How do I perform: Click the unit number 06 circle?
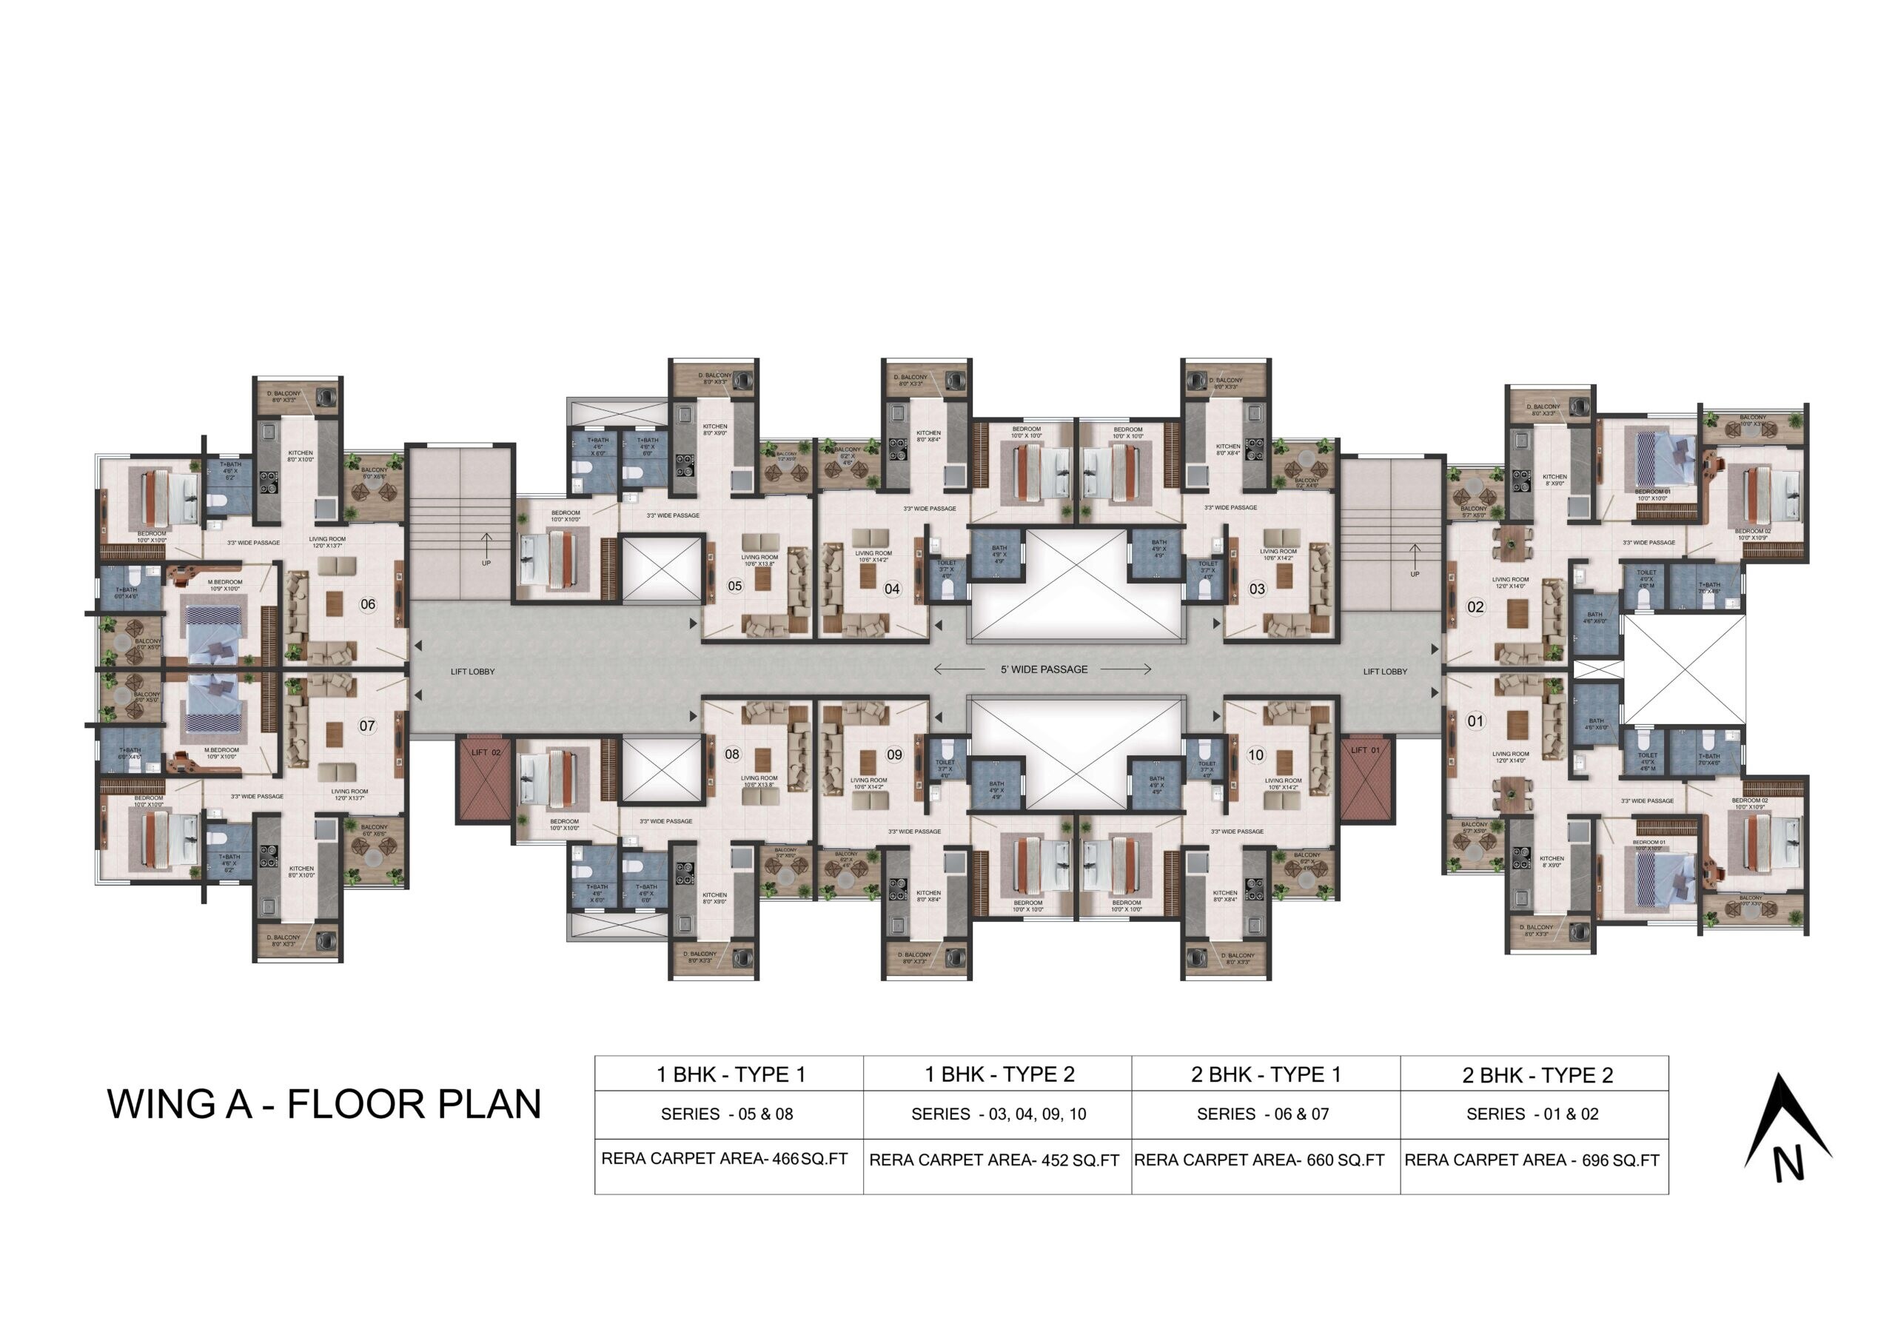[x=368, y=604]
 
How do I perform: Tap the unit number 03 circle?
[x=1256, y=589]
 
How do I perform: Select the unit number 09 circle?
[x=895, y=754]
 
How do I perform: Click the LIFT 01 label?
[x=1365, y=750]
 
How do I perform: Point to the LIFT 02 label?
[x=486, y=752]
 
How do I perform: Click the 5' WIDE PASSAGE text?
[x=1044, y=669]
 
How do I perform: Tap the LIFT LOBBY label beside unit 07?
[x=472, y=672]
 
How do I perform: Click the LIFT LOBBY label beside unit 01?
[x=1385, y=672]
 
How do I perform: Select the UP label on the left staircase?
[x=486, y=564]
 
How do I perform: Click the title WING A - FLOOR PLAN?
[x=323, y=1104]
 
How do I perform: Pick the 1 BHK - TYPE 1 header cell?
[x=730, y=1074]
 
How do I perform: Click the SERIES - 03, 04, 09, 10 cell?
[x=998, y=1114]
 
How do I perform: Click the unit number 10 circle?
[x=1255, y=755]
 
